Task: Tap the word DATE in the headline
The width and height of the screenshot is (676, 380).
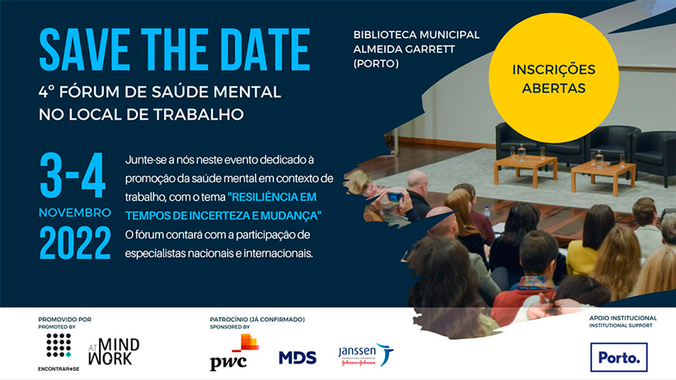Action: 267,49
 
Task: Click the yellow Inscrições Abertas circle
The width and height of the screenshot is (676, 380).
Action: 553,78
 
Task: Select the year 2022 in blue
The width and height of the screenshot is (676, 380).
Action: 75,243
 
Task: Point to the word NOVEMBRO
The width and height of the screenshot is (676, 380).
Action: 75,213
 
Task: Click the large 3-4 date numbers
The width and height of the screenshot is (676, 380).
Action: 73,175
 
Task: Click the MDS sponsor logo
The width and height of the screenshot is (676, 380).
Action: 298,358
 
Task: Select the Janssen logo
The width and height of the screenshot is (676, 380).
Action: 366,355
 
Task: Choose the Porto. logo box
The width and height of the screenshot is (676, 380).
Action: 618,357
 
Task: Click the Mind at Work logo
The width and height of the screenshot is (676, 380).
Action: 114,352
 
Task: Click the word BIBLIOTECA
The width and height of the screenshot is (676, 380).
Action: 384,35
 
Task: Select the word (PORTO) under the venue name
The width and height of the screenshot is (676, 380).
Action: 376,63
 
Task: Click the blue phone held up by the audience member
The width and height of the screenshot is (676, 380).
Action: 396,198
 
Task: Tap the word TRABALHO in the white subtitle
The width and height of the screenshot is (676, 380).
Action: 199,115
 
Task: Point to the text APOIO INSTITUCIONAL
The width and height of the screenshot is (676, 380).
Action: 623,318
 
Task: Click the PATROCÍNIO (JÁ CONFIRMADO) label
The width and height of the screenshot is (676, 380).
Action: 257,319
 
